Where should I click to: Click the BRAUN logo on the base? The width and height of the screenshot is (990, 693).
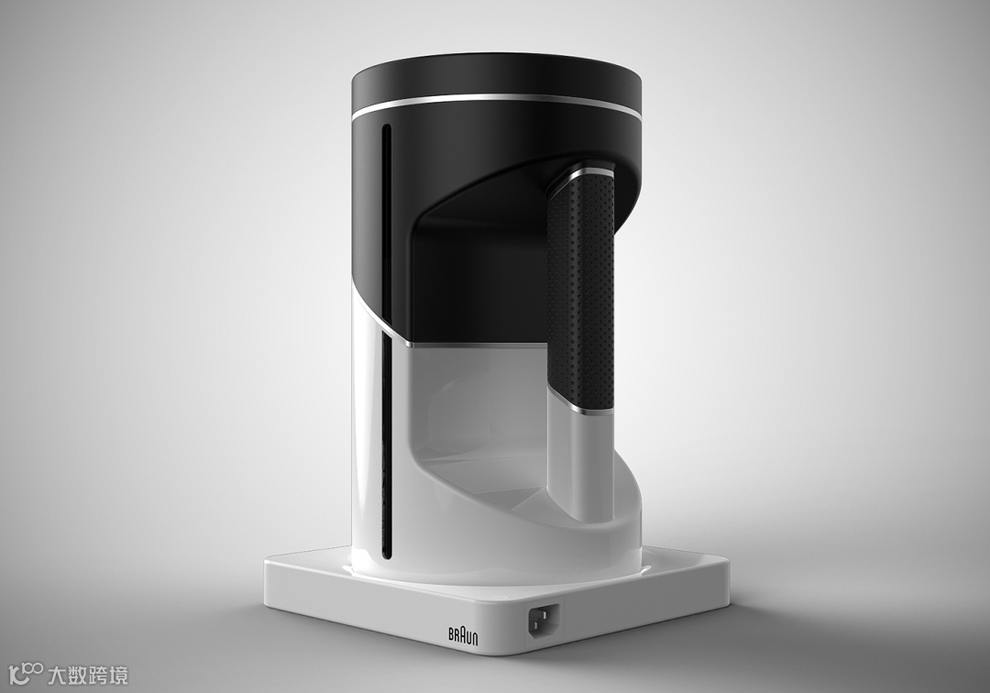pos(463,635)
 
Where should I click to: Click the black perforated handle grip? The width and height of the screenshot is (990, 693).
pos(581,291)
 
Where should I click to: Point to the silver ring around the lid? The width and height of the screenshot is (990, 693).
pos(497,103)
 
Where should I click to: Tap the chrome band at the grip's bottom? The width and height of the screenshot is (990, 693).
pos(581,409)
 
